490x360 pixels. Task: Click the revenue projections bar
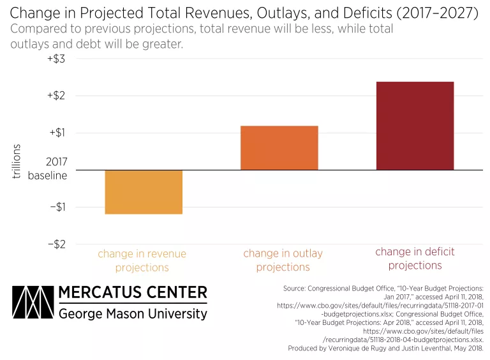pos(144,191)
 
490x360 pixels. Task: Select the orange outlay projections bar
pos(279,147)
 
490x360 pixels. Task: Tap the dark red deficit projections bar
pos(415,126)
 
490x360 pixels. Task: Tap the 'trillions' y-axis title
pos(17,161)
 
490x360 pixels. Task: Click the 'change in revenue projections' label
pos(142,260)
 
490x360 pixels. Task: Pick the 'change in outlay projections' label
pos(283,260)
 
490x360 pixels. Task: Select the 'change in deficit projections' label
pos(415,259)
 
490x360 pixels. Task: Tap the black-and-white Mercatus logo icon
pos(32,302)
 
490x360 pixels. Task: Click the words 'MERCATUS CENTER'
pos(133,293)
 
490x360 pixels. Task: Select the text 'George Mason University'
pos(133,313)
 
